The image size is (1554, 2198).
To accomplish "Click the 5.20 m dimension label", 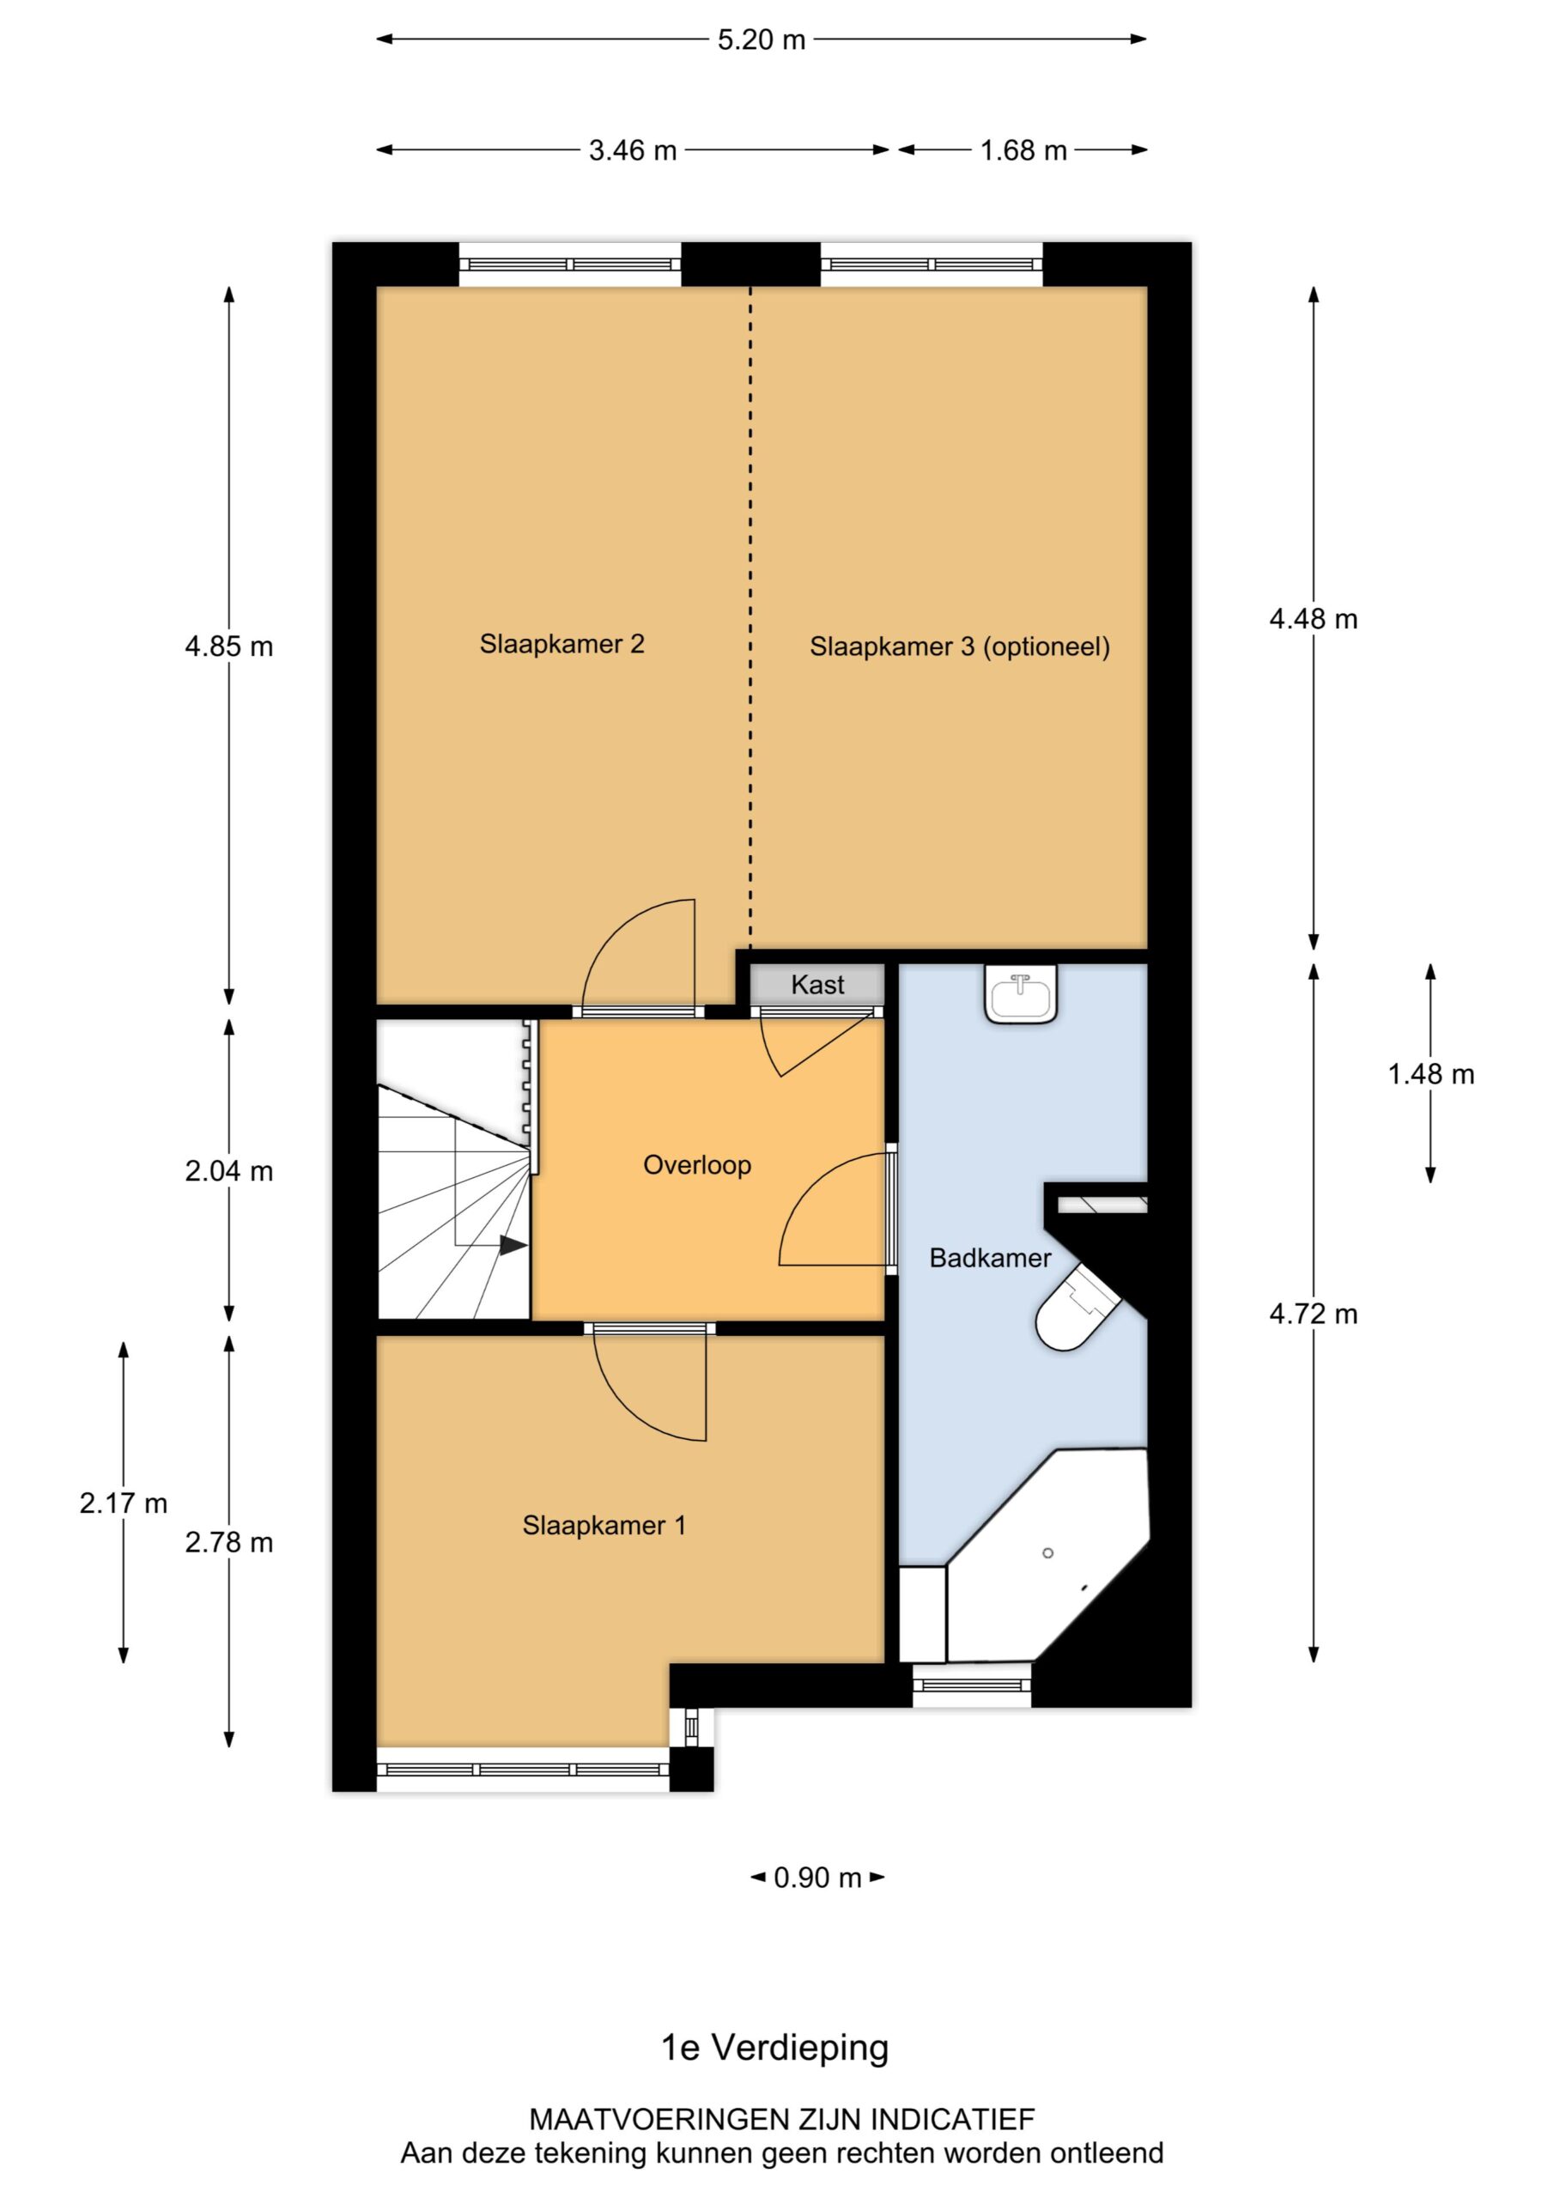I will coord(762,40).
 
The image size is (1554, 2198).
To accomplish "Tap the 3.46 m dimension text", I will coord(632,150).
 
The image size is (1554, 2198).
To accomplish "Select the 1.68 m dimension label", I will coord(1023,150).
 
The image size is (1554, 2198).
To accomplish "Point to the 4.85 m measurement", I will coord(229,647).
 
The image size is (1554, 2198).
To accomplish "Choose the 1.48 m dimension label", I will coord(1430,1074).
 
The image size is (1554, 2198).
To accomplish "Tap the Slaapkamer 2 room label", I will coord(562,644).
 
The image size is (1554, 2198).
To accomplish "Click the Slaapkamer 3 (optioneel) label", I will coord(959,647).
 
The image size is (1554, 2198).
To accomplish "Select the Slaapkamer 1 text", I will coord(604,1525).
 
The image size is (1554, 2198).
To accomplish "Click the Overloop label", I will coord(697,1165).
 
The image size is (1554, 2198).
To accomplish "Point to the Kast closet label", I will coord(817,984).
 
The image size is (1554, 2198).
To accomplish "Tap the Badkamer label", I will coord(990,1258).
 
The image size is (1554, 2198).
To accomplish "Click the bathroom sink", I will coord(1021,996).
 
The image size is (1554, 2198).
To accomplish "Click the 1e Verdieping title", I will coord(774,2048).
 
